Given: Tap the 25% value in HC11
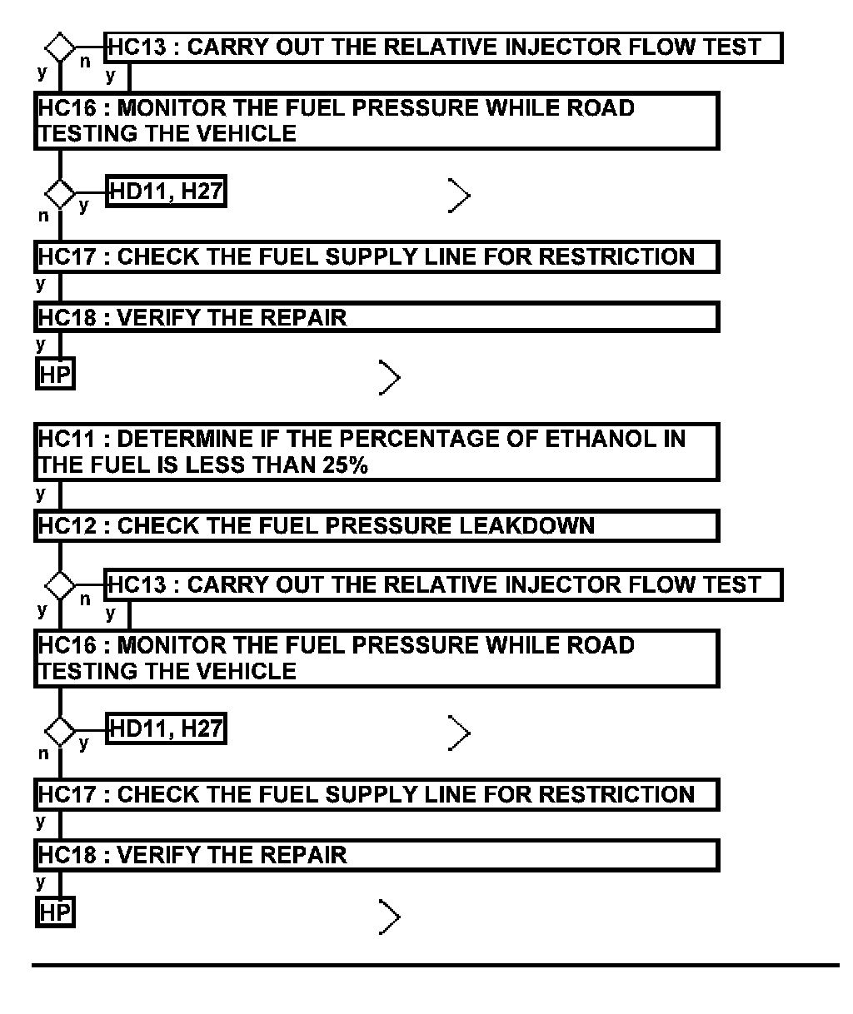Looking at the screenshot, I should coord(345,465).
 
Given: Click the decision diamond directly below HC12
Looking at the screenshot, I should coord(60,584).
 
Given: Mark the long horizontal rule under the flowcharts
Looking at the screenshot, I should coord(436,966).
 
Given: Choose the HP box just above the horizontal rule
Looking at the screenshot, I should coord(56,912).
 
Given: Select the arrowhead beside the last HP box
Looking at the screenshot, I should coord(390,916).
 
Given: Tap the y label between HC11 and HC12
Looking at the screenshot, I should coord(41,494).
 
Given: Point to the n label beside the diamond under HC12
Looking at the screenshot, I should coord(85,599).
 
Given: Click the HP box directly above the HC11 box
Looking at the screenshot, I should coord(56,375).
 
